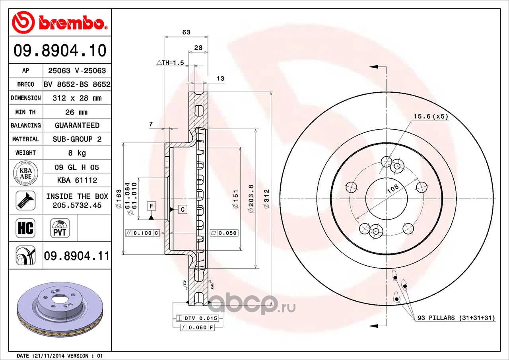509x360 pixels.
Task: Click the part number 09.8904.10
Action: (60, 50)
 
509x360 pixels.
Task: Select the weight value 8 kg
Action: (77, 153)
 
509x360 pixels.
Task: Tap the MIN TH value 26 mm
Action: (76, 112)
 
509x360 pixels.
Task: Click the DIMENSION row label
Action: (26, 98)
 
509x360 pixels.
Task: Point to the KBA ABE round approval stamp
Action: (26, 173)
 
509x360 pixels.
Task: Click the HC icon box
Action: (25, 228)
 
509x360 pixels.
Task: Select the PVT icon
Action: (60, 228)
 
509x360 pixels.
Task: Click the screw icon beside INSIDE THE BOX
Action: (26, 200)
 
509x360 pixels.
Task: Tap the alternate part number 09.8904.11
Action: (77, 256)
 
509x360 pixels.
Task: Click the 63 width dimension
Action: (187, 32)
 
